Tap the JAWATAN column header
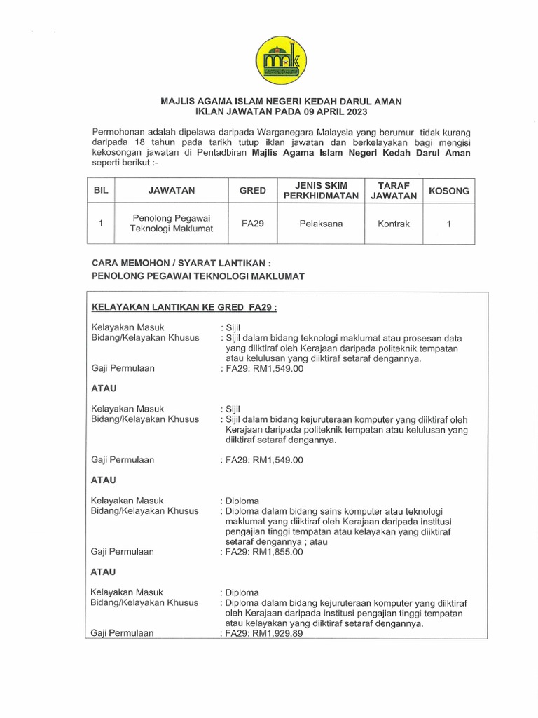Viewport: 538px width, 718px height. (172, 190)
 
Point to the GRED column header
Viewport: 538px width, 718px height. (252, 190)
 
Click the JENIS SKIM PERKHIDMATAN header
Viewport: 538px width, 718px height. (321, 190)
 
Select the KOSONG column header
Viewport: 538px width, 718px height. (448, 190)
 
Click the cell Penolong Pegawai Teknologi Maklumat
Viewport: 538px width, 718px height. (172, 224)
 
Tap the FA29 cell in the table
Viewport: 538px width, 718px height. (252, 224)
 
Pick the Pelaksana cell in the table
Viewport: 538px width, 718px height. (321, 224)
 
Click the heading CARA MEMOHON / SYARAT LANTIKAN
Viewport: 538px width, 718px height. (181, 263)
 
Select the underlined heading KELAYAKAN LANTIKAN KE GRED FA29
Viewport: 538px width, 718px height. (185, 307)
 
